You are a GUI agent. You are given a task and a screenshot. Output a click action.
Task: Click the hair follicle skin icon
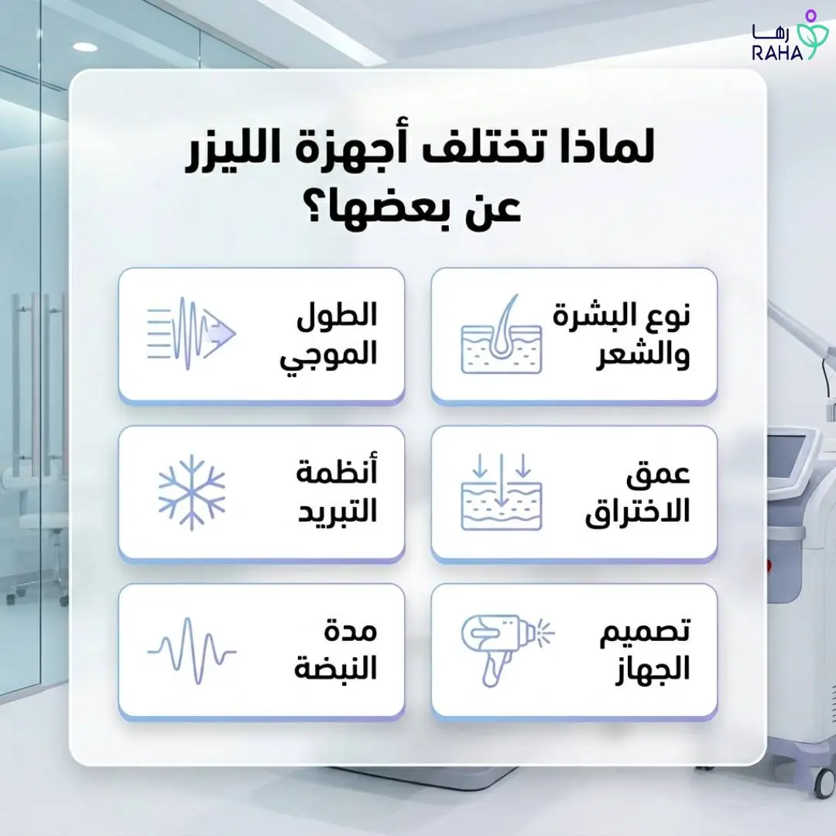[x=502, y=334]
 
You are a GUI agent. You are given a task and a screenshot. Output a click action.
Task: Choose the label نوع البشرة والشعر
[x=622, y=334]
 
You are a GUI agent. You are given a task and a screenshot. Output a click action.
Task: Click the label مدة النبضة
[x=335, y=649]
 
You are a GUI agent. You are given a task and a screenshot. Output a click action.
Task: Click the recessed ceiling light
[x=84, y=47]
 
